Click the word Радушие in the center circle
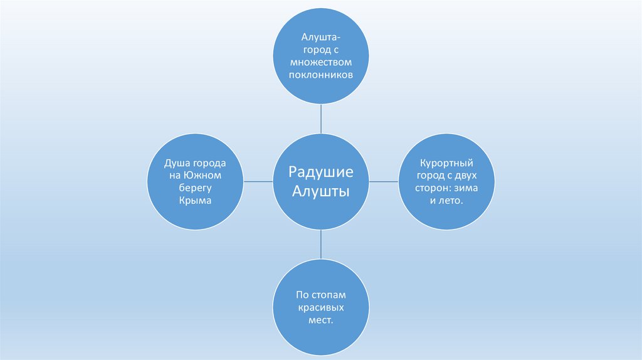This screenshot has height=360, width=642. coord(321,172)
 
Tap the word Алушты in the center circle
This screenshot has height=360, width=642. coord(321,191)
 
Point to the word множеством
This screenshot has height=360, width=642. coord(321,62)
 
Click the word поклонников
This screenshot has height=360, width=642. coord(321,74)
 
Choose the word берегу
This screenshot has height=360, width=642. coord(194,188)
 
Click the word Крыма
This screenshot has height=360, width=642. coord(194,200)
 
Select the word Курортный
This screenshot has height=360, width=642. coord(446,162)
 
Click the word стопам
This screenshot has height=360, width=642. coord(330,294)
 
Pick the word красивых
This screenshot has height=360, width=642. coord(321,307)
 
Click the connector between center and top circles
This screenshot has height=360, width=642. coord(321,119)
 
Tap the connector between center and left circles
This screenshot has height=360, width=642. coord(258,181)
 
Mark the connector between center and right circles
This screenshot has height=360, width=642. coord(384,181)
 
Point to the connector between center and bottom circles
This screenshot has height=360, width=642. coord(321,244)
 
